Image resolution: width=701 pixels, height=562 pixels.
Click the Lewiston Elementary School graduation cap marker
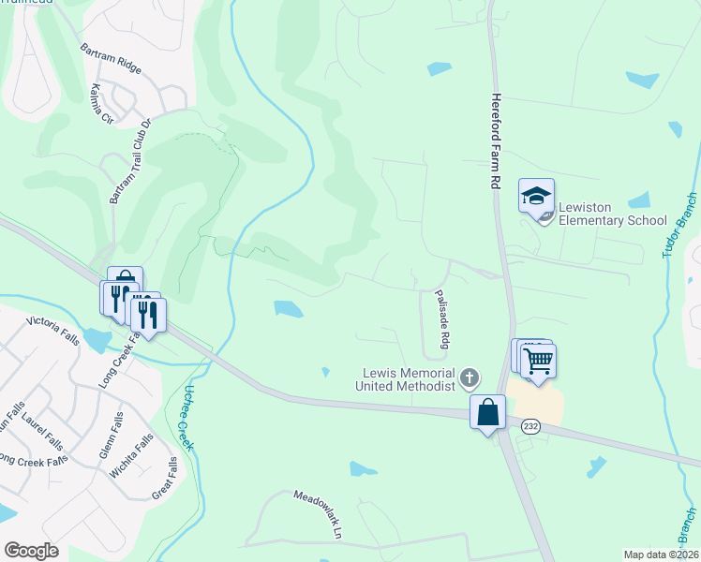[x=536, y=197]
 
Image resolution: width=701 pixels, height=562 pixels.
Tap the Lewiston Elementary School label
[x=613, y=214]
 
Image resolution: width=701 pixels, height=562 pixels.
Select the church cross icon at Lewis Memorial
[x=470, y=378]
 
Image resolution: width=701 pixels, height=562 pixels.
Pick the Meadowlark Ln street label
[x=319, y=514]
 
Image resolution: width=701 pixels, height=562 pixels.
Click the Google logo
[x=31, y=550]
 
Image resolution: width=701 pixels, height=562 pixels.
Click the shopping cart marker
[x=539, y=360]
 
